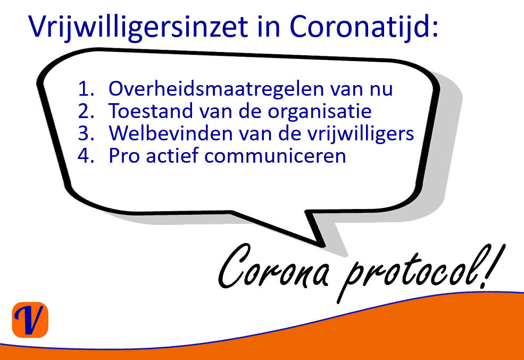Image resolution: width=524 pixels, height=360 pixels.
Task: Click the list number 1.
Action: tap(86, 89)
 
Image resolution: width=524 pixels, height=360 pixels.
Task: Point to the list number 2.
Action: tap(86, 111)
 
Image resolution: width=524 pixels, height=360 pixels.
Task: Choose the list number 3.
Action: tap(86, 133)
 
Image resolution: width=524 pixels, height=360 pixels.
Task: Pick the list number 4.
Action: tap(86, 156)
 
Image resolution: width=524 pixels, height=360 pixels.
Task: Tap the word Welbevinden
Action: tap(170, 133)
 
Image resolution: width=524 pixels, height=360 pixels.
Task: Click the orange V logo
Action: tap(30, 320)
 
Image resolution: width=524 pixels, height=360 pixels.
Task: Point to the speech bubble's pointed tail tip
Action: tap(323, 246)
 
